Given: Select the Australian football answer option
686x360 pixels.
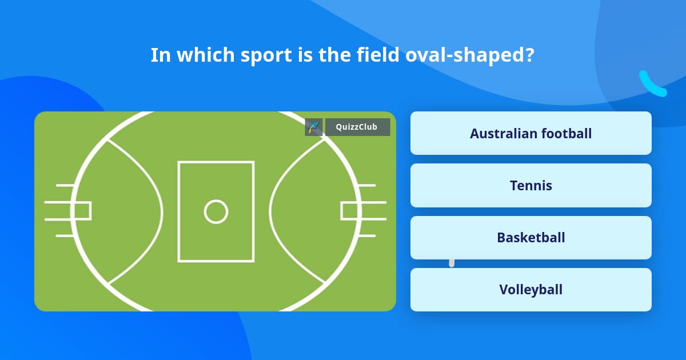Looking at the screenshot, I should (531, 133).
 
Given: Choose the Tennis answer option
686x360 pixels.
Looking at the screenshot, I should (531, 186).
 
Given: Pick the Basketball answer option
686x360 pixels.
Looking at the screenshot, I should (531, 238).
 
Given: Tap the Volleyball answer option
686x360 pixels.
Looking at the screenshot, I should (531, 290).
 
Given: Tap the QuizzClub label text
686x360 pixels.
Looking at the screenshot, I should (357, 127).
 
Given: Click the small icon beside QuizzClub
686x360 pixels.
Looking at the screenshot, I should (314, 127).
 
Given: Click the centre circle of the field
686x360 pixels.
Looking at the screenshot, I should (216, 211).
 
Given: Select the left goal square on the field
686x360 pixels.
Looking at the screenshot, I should (82, 211).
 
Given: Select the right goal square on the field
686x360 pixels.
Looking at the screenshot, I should (349, 211).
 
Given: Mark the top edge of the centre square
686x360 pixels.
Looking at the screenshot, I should (216, 162).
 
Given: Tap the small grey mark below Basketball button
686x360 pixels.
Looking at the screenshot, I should (452, 263).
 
